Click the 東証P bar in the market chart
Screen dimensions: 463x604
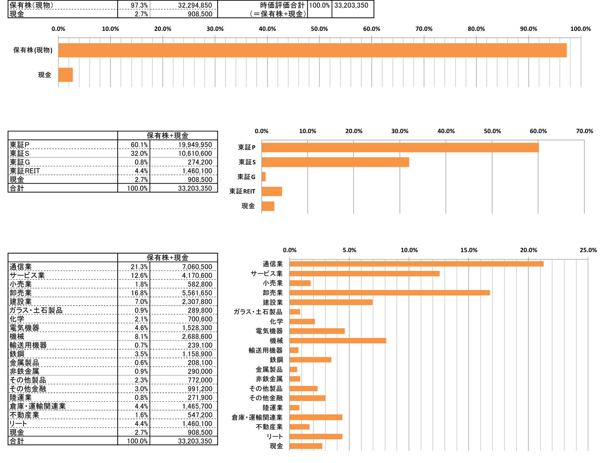tap(400, 147)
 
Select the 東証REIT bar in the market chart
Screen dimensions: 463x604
tap(272, 191)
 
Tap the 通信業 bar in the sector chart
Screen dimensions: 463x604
tap(416, 264)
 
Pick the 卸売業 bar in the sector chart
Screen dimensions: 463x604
tap(389, 293)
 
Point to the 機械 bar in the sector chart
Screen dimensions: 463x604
tap(338, 341)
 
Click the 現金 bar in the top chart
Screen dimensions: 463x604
tap(65, 75)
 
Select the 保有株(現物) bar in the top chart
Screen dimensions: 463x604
tap(312, 50)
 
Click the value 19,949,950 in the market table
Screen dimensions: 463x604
tap(195, 145)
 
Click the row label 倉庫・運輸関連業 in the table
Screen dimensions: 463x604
tap(38, 406)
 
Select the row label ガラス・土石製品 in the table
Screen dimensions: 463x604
tap(36, 310)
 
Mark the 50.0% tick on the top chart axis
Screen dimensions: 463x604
tap(319, 29)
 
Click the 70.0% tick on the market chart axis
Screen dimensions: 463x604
tap(584, 131)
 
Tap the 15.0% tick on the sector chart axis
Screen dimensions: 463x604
tap(469, 250)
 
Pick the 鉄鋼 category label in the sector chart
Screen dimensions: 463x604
tap(276, 360)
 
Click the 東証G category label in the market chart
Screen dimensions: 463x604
tap(246, 177)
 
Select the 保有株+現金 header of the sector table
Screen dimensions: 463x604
tap(167, 258)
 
